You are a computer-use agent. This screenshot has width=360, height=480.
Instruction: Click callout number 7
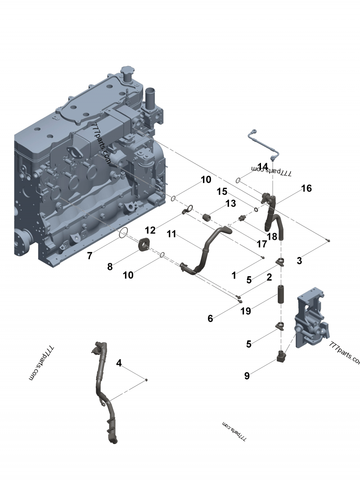90,256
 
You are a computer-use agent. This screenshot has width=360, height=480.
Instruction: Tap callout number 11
171,233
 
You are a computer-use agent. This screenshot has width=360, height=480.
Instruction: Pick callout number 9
247,376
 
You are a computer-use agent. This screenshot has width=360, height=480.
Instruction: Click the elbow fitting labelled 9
282,358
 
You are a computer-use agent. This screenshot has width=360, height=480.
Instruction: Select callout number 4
119,363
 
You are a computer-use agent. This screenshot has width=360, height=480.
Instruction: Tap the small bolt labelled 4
147,380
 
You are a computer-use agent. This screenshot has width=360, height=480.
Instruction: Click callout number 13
230,203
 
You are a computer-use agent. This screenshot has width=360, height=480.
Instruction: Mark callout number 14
263,166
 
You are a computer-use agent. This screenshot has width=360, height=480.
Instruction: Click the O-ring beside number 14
238,180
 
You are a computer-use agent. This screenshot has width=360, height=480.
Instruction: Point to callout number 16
306,188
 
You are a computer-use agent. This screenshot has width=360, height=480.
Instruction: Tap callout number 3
299,260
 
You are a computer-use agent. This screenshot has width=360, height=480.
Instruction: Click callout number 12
150,230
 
